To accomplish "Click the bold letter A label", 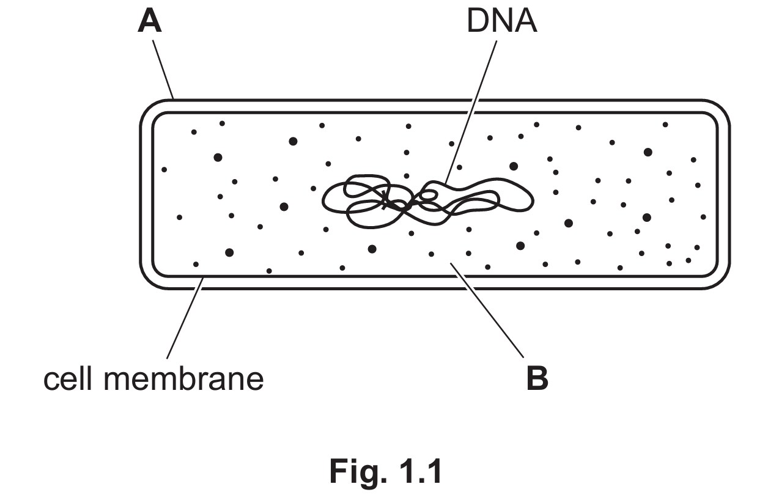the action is click(150, 21).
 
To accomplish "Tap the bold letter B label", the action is click(537, 378).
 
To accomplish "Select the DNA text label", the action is click(502, 21).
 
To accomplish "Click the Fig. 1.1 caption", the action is click(386, 471).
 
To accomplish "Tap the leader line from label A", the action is click(163, 70).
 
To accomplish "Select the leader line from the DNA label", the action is click(471, 113).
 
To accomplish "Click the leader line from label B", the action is click(487, 310).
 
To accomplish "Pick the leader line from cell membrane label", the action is click(185, 318).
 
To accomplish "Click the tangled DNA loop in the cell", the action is click(428, 201).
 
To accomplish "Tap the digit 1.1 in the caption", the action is click(421, 471).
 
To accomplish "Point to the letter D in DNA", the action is click(477, 21).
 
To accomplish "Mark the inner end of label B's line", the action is click(451, 263).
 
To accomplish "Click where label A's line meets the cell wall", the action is click(174, 99).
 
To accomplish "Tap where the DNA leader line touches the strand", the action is click(445, 185).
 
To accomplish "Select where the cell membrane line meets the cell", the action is click(204, 277).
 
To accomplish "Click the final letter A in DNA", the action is click(525, 21).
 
